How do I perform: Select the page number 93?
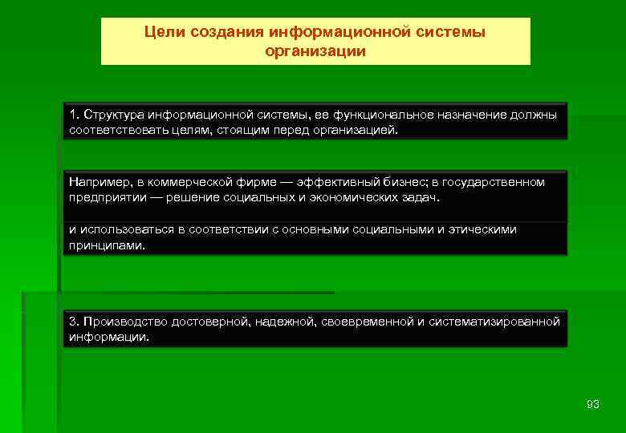(x=593, y=404)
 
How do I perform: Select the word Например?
(x=97, y=182)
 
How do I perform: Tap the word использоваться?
(x=126, y=230)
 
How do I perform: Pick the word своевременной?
(x=367, y=322)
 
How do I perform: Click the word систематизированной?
(x=494, y=322)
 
